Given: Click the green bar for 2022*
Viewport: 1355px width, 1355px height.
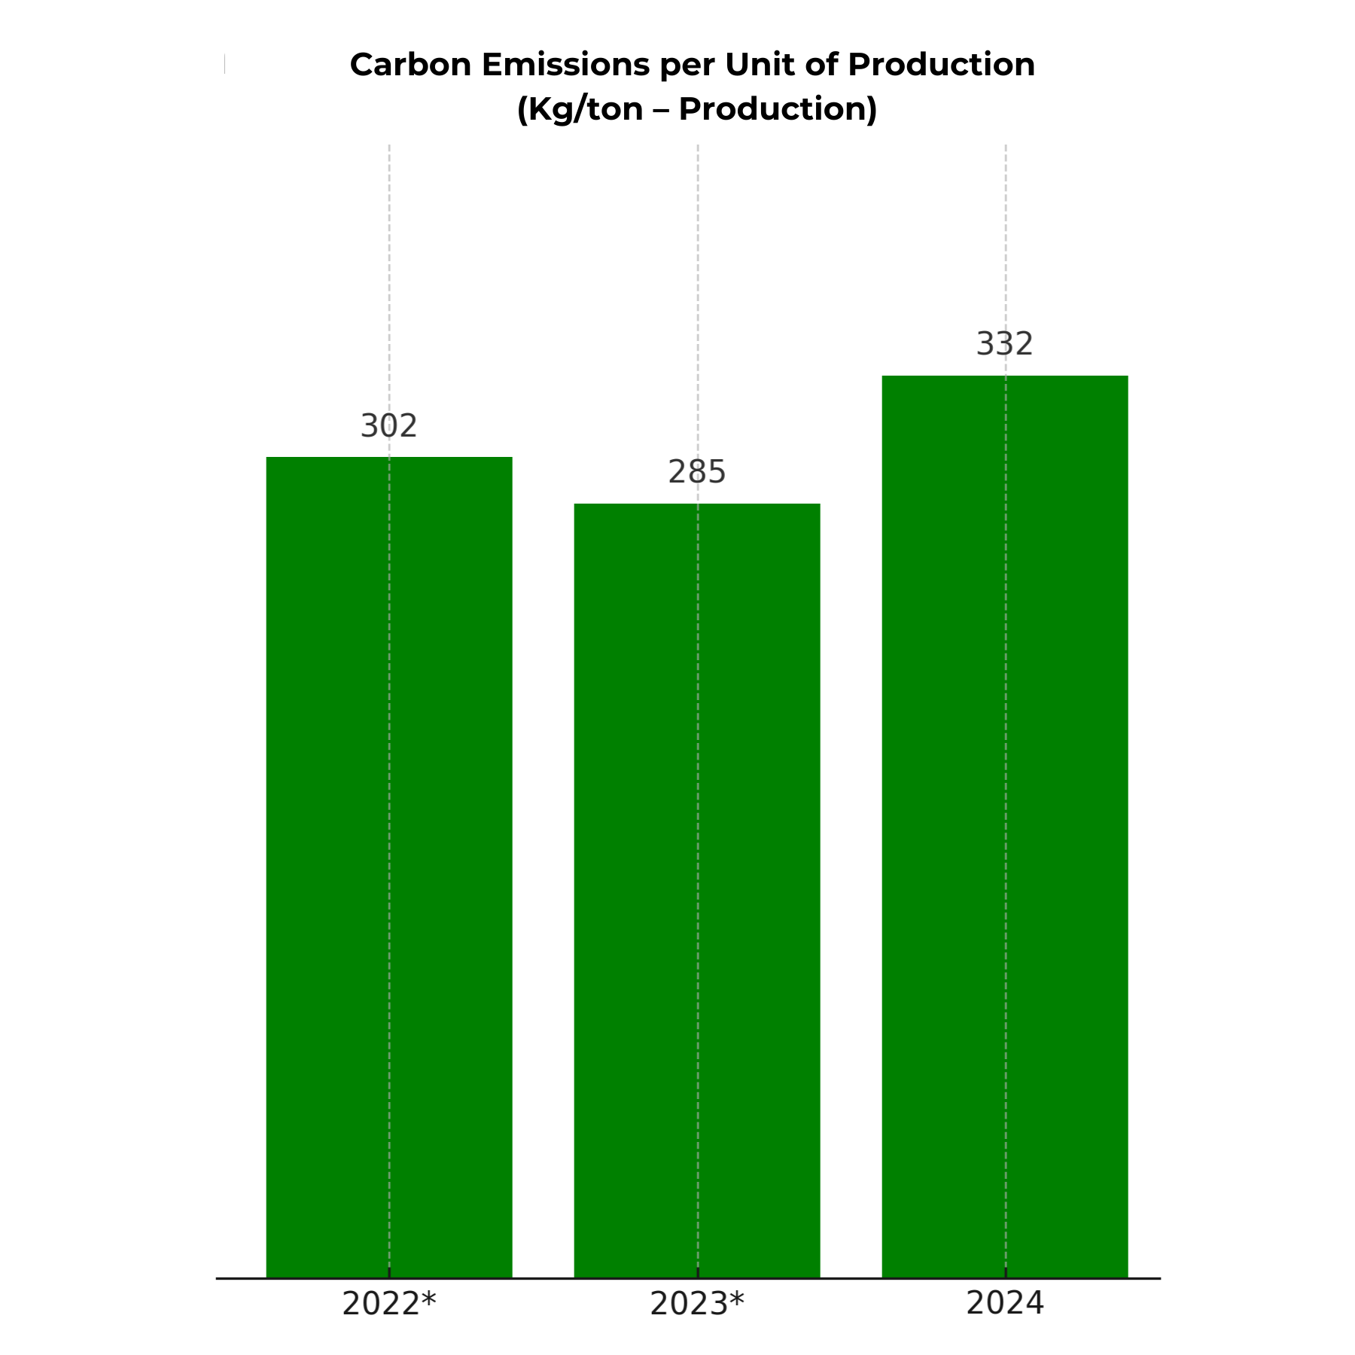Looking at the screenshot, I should click(389, 866).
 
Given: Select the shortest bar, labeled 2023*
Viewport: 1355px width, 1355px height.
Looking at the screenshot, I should click(697, 888).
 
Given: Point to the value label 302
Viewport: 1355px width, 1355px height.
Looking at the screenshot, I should click(388, 426).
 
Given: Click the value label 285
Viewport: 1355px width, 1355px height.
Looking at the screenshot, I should click(697, 472).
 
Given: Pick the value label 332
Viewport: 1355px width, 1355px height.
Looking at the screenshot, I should click(1005, 344).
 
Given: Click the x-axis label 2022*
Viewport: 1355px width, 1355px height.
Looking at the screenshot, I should click(388, 1304).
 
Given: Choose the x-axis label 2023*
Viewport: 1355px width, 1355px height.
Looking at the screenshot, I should click(696, 1304).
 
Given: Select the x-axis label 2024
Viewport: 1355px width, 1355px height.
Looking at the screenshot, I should click(1005, 1303).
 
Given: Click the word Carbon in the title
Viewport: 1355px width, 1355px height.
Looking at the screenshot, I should click(410, 65).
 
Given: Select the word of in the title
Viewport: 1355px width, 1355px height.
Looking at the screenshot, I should click(821, 65).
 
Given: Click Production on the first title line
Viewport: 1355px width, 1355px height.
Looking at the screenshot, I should click(941, 65).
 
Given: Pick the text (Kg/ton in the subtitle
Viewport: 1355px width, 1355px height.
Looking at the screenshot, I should click(580, 110).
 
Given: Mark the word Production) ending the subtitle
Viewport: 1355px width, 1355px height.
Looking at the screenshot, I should click(778, 109).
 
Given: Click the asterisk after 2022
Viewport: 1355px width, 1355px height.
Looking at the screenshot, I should click(428, 1298).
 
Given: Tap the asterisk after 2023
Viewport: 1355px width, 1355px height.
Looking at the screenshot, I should click(736, 1298).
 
